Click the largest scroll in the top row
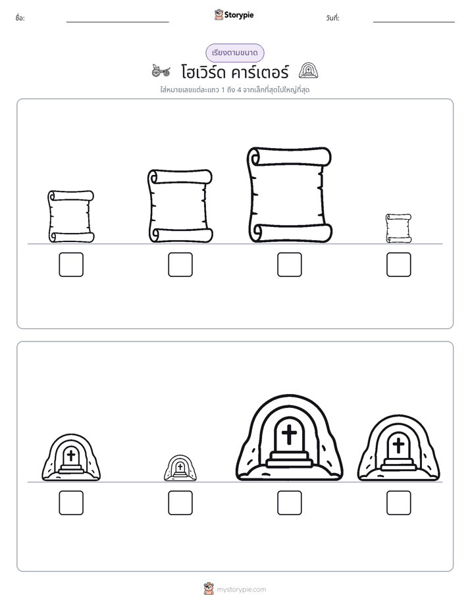coord(289,195)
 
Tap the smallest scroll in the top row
coord(399,228)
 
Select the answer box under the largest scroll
coord(289,265)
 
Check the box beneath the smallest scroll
coord(399,265)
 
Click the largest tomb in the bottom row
coord(289,438)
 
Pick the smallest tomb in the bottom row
coord(180,468)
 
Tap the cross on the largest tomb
coord(289,434)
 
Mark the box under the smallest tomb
coord(180,503)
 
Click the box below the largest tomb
coord(289,503)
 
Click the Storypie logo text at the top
coord(239,15)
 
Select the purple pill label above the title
coord(234,53)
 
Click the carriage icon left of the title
coord(161,70)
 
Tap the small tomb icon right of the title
coord(308,70)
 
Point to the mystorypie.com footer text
coord(241,590)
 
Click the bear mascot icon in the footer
coord(209,589)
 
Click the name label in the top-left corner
coord(20,18)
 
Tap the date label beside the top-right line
coord(332,18)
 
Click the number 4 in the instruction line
coord(239,90)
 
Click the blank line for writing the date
coord(414,22)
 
